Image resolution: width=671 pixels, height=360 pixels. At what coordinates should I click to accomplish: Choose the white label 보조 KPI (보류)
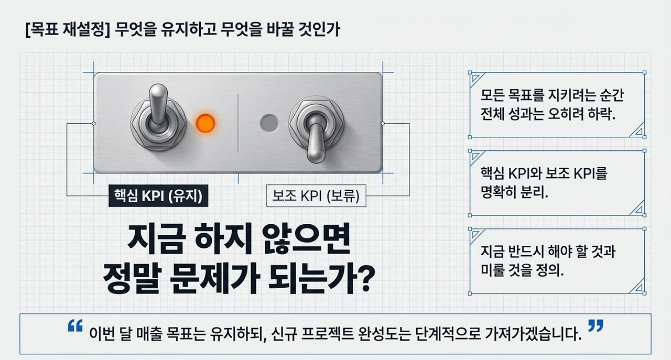[x=316, y=197]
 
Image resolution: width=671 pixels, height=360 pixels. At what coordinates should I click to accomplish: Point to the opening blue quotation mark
[x=75, y=326]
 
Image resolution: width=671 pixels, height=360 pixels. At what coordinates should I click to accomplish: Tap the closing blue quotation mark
[x=596, y=326]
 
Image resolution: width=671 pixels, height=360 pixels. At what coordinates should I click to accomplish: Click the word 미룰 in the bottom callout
[x=493, y=270]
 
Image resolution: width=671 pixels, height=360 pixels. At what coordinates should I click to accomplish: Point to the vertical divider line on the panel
[x=239, y=123]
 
